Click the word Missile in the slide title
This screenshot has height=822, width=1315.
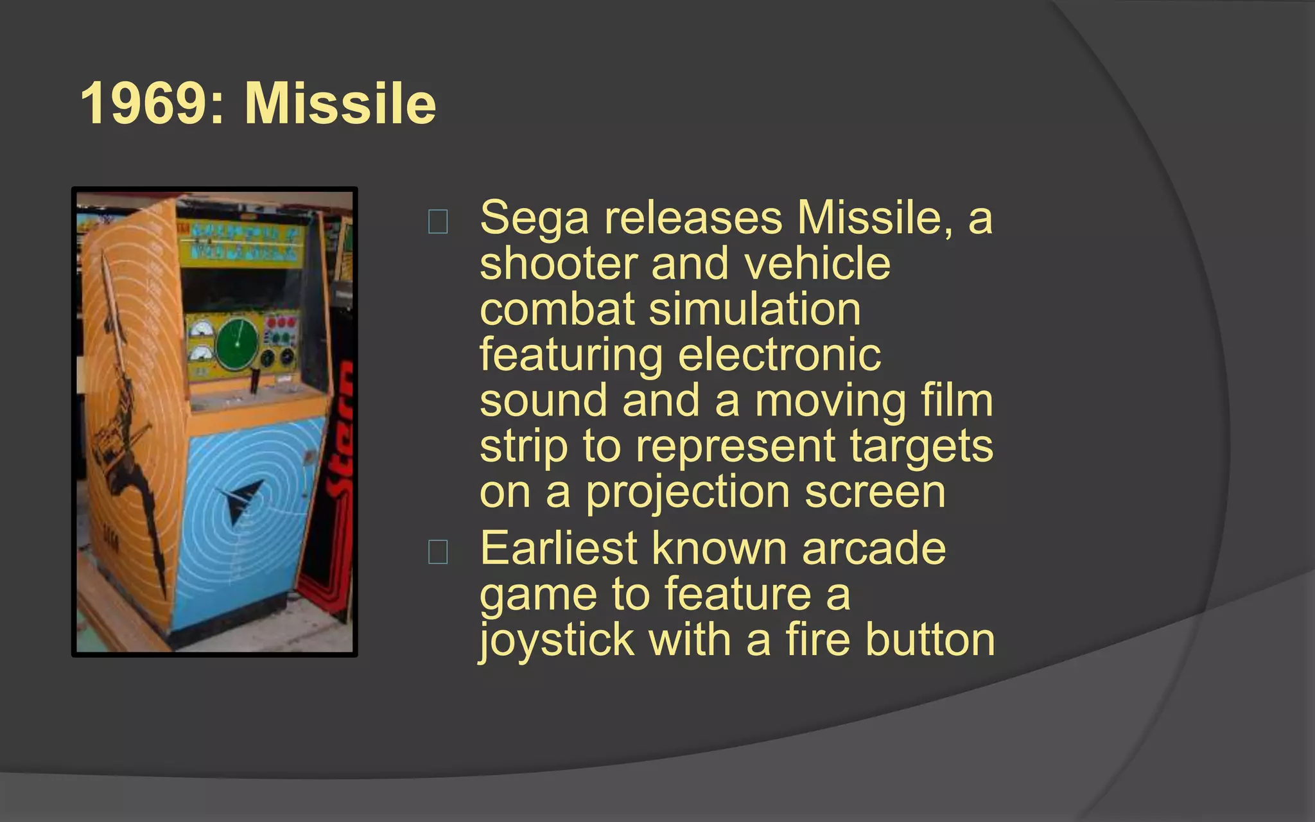tap(340, 103)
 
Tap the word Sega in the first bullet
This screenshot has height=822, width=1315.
tap(534, 218)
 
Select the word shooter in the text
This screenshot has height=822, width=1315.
tap(557, 264)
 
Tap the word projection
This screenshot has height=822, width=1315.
tap(687, 493)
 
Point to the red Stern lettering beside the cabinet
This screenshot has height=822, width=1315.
tap(340, 437)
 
